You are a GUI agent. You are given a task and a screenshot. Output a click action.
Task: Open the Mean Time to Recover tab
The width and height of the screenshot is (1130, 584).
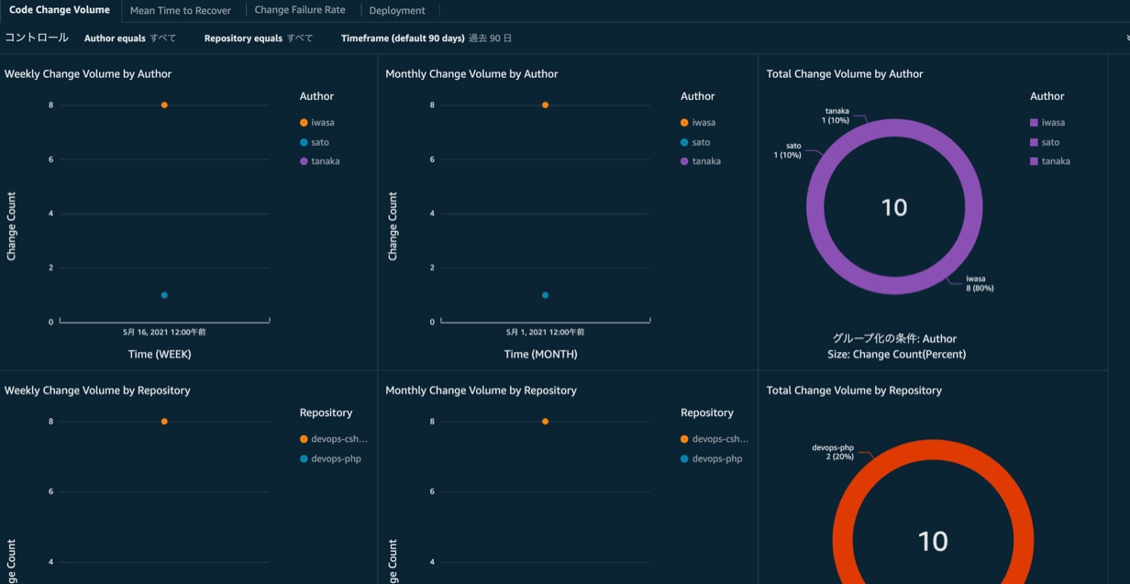[180, 11]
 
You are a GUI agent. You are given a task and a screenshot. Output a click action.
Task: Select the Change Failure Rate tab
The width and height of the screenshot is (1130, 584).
[299, 10]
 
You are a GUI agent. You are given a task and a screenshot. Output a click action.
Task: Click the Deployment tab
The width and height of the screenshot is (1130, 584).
[397, 11]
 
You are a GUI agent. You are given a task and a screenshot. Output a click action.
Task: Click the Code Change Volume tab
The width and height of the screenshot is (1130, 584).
[60, 10]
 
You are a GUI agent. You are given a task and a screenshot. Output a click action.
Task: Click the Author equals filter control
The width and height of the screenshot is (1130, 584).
[129, 39]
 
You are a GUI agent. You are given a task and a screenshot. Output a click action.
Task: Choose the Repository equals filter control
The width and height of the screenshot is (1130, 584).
[258, 39]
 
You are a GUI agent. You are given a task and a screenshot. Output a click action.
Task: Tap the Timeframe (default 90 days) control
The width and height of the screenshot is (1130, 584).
[426, 39]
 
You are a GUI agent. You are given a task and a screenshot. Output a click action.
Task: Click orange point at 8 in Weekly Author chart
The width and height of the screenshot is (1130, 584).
[164, 105]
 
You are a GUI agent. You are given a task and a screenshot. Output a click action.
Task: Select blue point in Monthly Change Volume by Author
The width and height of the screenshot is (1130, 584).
[545, 295]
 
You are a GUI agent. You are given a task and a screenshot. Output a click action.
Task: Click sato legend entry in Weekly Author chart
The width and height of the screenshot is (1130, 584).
[319, 142]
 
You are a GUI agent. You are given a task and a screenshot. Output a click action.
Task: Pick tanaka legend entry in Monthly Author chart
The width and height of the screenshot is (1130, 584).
[705, 161]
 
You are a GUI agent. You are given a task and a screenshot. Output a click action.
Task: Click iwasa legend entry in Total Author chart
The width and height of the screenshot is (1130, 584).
[1053, 123]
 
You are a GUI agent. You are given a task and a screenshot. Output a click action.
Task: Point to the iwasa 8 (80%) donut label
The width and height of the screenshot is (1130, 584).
[979, 283]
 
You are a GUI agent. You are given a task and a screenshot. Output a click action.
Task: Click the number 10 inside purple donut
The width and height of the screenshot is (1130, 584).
[893, 207]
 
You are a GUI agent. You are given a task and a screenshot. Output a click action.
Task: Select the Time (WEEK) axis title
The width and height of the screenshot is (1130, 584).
[160, 354]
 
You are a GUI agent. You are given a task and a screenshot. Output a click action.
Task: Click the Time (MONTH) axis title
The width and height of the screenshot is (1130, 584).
[540, 354]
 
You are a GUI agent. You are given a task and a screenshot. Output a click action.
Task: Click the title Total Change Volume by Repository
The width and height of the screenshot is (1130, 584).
[853, 391]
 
